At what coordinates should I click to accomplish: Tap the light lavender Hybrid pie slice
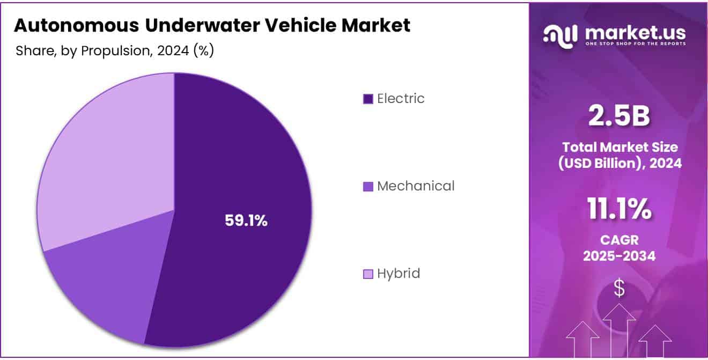point(102,156)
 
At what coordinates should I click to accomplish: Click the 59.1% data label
point(246,221)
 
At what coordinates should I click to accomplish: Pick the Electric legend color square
point(368,99)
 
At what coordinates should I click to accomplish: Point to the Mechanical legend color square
point(368,187)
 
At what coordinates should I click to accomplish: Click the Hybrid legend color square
point(368,274)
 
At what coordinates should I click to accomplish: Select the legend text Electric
point(401,99)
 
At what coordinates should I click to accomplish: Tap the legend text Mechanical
point(416,186)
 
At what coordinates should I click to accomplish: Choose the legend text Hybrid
point(399,274)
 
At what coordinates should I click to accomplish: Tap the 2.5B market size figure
point(619,116)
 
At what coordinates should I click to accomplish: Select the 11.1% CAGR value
point(619,209)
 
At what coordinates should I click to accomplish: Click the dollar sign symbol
point(619,288)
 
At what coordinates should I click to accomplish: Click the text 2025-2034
point(619,256)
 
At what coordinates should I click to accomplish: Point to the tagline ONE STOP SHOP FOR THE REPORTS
point(635,43)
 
